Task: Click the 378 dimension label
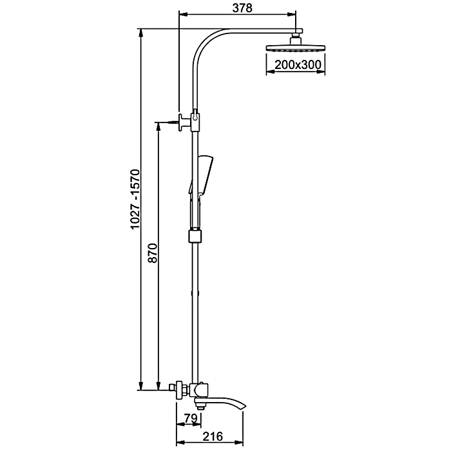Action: coord(242,8)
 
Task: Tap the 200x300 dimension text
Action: coord(298,64)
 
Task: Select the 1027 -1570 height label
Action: coord(135,199)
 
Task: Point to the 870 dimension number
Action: coord(153,253)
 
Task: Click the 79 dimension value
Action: coord(191,418)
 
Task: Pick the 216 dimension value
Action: coord(213,436)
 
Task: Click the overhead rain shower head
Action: coord(296,48)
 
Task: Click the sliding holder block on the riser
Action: coord(195,236)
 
